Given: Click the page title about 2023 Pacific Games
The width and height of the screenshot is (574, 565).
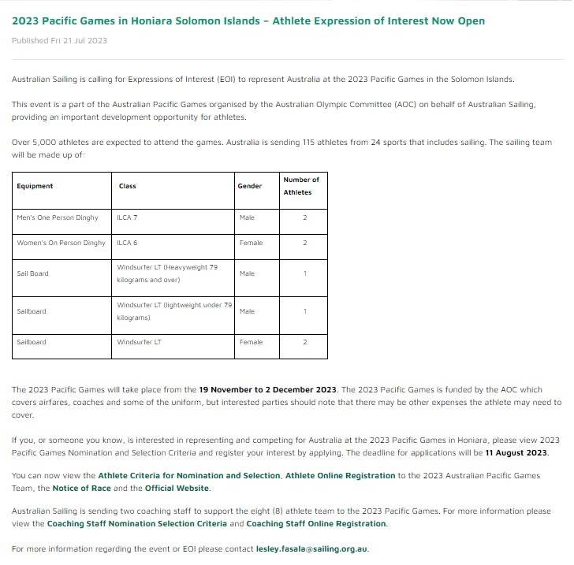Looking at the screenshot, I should coord(248,20).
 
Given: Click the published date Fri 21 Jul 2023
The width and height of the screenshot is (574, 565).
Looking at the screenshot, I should coord(59,40).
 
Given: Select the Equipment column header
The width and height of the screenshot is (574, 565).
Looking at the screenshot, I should coord(35,186).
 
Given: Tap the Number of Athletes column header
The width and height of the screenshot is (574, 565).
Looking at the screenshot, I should coord(301,186).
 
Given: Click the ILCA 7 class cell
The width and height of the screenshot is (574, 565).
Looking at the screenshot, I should coord(128,217).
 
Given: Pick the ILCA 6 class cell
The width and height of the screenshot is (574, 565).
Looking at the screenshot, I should coord(128,243).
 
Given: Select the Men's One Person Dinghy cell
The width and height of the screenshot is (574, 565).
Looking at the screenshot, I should coord(58,217).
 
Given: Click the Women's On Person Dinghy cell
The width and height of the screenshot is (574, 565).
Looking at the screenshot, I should coord(61,243).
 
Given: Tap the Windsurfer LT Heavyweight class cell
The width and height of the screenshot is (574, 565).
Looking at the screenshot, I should coord(167,273).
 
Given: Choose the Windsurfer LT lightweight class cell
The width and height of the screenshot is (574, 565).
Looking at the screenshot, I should coord(173,310).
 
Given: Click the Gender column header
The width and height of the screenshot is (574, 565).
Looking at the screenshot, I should coord(250,186).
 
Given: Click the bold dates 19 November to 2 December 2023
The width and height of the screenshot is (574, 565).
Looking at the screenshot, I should coord(267,389).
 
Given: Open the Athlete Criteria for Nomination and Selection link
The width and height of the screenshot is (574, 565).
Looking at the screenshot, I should coord(189,476).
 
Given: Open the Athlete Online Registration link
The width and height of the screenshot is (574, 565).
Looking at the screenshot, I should coord(340,476).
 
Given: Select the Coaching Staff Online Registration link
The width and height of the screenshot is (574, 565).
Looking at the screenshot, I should coord(316,523).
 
